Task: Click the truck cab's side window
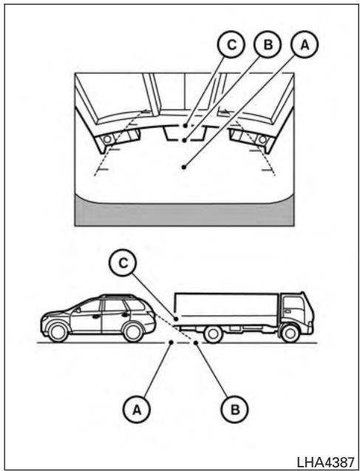click(295, 302)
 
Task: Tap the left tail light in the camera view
click(108, 138)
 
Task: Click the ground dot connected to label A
click(171, 342)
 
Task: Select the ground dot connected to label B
click(195, 342)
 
